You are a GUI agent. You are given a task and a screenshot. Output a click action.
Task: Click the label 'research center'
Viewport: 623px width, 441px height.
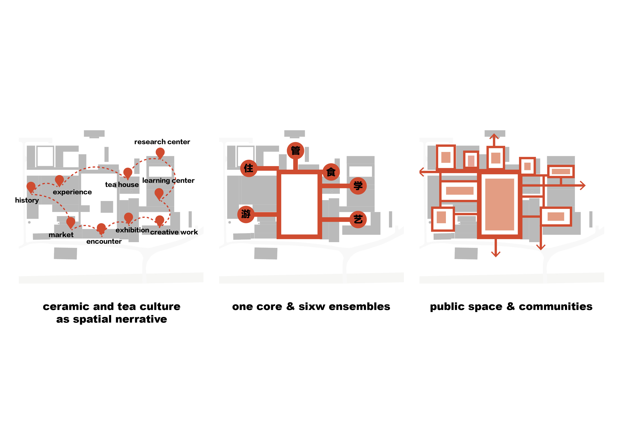[162, 142]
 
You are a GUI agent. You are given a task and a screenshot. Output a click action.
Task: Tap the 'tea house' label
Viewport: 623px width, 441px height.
[122, 185]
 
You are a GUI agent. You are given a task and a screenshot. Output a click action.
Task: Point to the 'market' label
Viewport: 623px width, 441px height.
[61, 235]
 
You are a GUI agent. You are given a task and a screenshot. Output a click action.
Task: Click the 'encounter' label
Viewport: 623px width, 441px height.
[104, 241]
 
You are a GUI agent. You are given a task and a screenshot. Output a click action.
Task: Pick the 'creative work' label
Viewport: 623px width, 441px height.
[174, 232]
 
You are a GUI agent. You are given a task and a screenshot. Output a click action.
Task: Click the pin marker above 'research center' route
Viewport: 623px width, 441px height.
[160, 153]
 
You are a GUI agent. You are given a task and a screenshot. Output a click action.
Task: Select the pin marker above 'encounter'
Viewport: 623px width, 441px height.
[101, 228]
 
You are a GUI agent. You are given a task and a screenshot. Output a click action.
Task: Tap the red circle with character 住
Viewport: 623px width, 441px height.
[248, 168]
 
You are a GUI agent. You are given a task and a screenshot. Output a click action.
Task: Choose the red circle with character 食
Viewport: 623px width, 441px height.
[331, 172]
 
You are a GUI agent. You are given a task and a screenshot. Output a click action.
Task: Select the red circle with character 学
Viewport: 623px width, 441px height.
[358, 186]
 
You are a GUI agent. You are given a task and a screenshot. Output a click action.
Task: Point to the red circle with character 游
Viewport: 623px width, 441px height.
[246, 214]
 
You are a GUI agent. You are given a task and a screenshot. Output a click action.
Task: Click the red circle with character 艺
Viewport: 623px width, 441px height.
[358, 219]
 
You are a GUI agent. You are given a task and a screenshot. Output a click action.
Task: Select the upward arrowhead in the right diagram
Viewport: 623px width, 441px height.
[494, 136]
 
